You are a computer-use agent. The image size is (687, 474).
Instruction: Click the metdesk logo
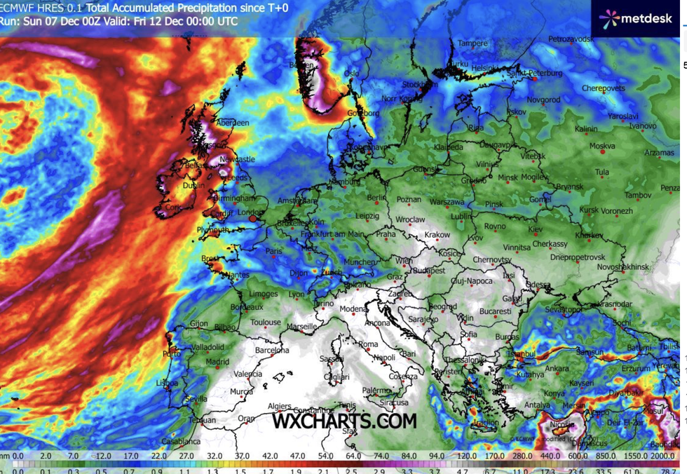point(635,19)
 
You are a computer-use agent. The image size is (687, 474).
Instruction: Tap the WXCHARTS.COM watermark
point(344,421)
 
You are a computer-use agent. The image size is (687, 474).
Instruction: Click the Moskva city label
point(602,147)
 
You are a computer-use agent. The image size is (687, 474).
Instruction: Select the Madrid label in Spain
point(218,362)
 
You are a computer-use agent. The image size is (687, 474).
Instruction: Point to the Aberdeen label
point(233,123)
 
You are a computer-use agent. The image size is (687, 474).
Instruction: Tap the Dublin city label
point(193,186)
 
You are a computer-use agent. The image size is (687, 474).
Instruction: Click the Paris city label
point(274,251)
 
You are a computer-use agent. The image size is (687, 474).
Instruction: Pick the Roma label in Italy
point(368,345)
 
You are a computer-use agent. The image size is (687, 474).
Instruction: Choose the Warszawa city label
point(447,202)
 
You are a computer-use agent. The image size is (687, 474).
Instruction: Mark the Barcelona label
point(272,351)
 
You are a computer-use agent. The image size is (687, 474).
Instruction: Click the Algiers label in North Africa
point(279,406)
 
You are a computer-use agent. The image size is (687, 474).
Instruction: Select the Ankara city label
point(557,369)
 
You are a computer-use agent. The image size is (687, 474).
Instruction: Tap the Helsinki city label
point(485,68)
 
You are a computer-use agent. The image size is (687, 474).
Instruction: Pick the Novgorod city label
point(543,100)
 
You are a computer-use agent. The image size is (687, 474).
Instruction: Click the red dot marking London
point(253,219)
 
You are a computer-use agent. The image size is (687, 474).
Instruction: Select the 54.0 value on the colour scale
point(325,456)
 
